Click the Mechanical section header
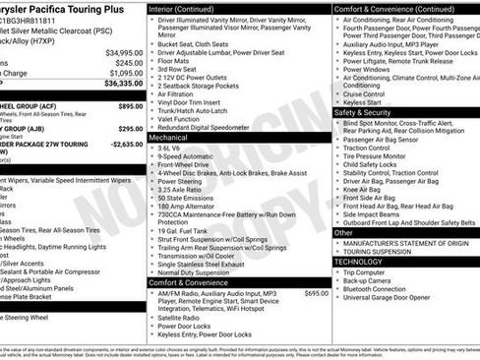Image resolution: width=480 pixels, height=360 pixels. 172,140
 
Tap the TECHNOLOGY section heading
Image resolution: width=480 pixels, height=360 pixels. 358,262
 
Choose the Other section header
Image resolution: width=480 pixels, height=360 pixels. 343,233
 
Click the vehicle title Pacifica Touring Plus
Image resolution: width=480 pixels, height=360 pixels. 69,7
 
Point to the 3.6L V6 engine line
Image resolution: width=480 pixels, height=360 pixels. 184,152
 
